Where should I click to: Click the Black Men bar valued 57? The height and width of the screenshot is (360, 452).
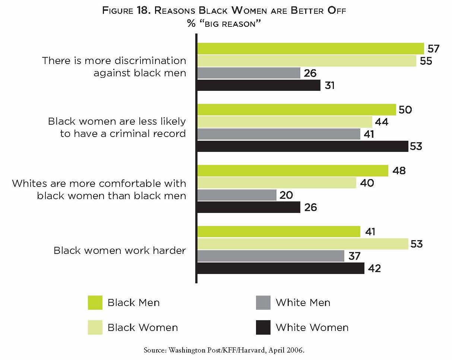[x=310, y=49]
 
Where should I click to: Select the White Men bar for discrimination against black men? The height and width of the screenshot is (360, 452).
[x=249, y=73]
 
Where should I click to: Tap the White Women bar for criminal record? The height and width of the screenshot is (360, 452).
[x=302, y=146]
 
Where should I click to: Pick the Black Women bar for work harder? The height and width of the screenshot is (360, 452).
[x=302, y=244]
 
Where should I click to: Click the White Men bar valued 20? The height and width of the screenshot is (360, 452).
[x=237, y=195]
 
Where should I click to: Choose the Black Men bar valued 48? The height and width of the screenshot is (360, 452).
[x=293, y=171]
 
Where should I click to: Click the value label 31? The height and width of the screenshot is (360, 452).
[x=329, y=86]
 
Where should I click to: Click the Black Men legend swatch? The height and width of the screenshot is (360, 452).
[x=95, y=303]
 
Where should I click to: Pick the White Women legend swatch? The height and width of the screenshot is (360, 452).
[x=263, y=328]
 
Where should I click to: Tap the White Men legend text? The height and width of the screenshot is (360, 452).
[x=303, y=303]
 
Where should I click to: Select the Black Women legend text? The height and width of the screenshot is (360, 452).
[x=143, y=328]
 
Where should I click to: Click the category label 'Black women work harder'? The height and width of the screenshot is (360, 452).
[x=120, y=250]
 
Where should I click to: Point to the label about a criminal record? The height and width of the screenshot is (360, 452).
[x=117, y=128]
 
